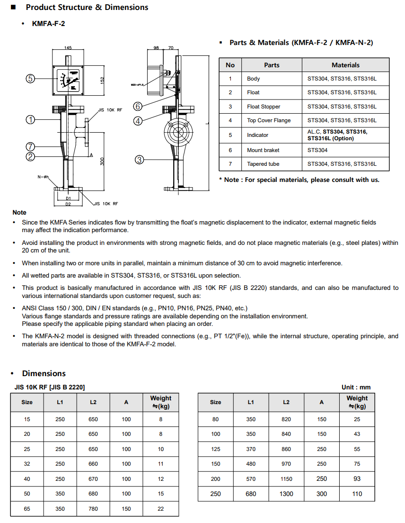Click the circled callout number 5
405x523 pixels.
point(30,79)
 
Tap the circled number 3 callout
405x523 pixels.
point(139,160)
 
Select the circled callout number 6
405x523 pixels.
point(138,106)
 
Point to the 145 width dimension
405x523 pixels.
point(68,48)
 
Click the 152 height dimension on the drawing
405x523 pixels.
point(102,81)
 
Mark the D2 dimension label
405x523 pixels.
point(68,204)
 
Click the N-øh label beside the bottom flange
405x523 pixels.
point(44,177)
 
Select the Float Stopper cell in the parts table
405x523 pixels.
point(264,107)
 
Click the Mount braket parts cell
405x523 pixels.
point(263,150)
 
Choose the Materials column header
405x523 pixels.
point(345,65)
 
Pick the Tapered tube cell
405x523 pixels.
point(263,164)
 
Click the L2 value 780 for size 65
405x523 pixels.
point(93,508)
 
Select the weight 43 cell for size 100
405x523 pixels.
point(357,434)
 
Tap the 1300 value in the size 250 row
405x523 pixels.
point(286,494)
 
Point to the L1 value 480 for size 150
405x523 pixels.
point(251,464)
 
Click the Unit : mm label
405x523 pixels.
point(356,387)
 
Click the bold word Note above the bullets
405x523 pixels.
point(19,212)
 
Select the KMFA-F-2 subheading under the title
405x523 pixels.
point(48,23)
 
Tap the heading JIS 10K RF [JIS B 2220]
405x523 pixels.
point(49,387)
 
